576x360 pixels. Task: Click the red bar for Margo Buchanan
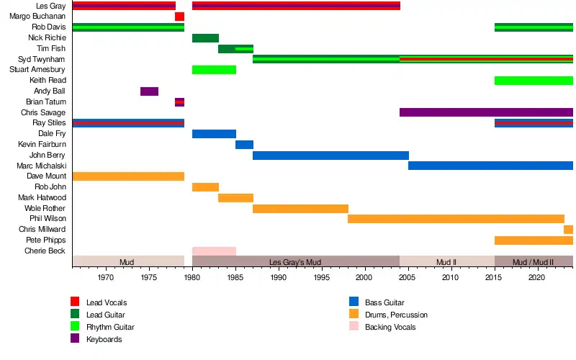[x=179, y=17]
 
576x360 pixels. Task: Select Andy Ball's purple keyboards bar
[x=149, y=91]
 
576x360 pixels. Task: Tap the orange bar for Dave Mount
[x=128, y=176]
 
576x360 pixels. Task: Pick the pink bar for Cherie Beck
[x=214, y=251]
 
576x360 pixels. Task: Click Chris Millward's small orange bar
[x=568, y=230]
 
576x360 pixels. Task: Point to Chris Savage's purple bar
[x=486, y=112]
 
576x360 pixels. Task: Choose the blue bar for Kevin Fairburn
[x=244, y=145]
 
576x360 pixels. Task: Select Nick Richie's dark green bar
[x=205, y=38]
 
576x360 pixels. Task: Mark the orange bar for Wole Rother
[x=300, y=209]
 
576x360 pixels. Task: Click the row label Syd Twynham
[x=42, y=59]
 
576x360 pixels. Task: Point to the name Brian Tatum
[x=46, y=102]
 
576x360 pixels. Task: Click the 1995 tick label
[x=322, y=277]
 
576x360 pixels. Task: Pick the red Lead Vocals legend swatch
[x=75, y=302]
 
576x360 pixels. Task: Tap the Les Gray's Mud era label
[x=295, y=262]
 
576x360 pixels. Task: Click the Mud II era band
[x=446, y=261]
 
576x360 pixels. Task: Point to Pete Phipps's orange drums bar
[x=534, y=240]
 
